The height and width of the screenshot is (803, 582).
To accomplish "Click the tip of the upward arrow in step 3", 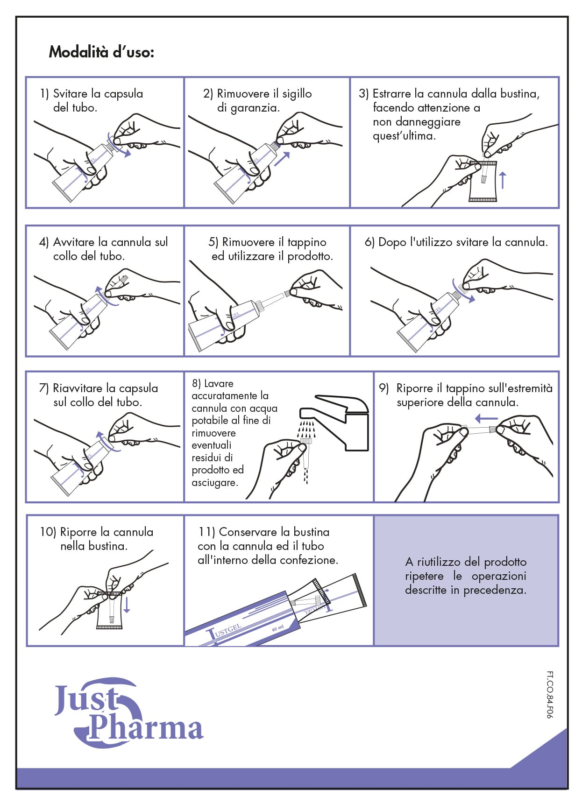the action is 503,171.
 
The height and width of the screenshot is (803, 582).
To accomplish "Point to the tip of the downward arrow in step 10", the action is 127,613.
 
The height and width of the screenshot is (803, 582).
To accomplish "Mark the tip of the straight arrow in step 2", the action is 290,152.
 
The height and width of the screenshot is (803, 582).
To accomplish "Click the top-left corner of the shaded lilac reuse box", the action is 374,515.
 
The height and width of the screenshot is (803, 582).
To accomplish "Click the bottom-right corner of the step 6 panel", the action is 559,356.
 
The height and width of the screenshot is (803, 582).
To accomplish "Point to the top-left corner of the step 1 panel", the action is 26,77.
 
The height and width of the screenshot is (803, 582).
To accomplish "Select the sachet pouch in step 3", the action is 483,181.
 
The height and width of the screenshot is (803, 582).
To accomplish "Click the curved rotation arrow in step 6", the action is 463,292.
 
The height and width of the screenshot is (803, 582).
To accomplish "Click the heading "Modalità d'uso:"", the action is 101,52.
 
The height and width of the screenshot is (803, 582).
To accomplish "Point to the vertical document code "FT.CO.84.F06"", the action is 550,695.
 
